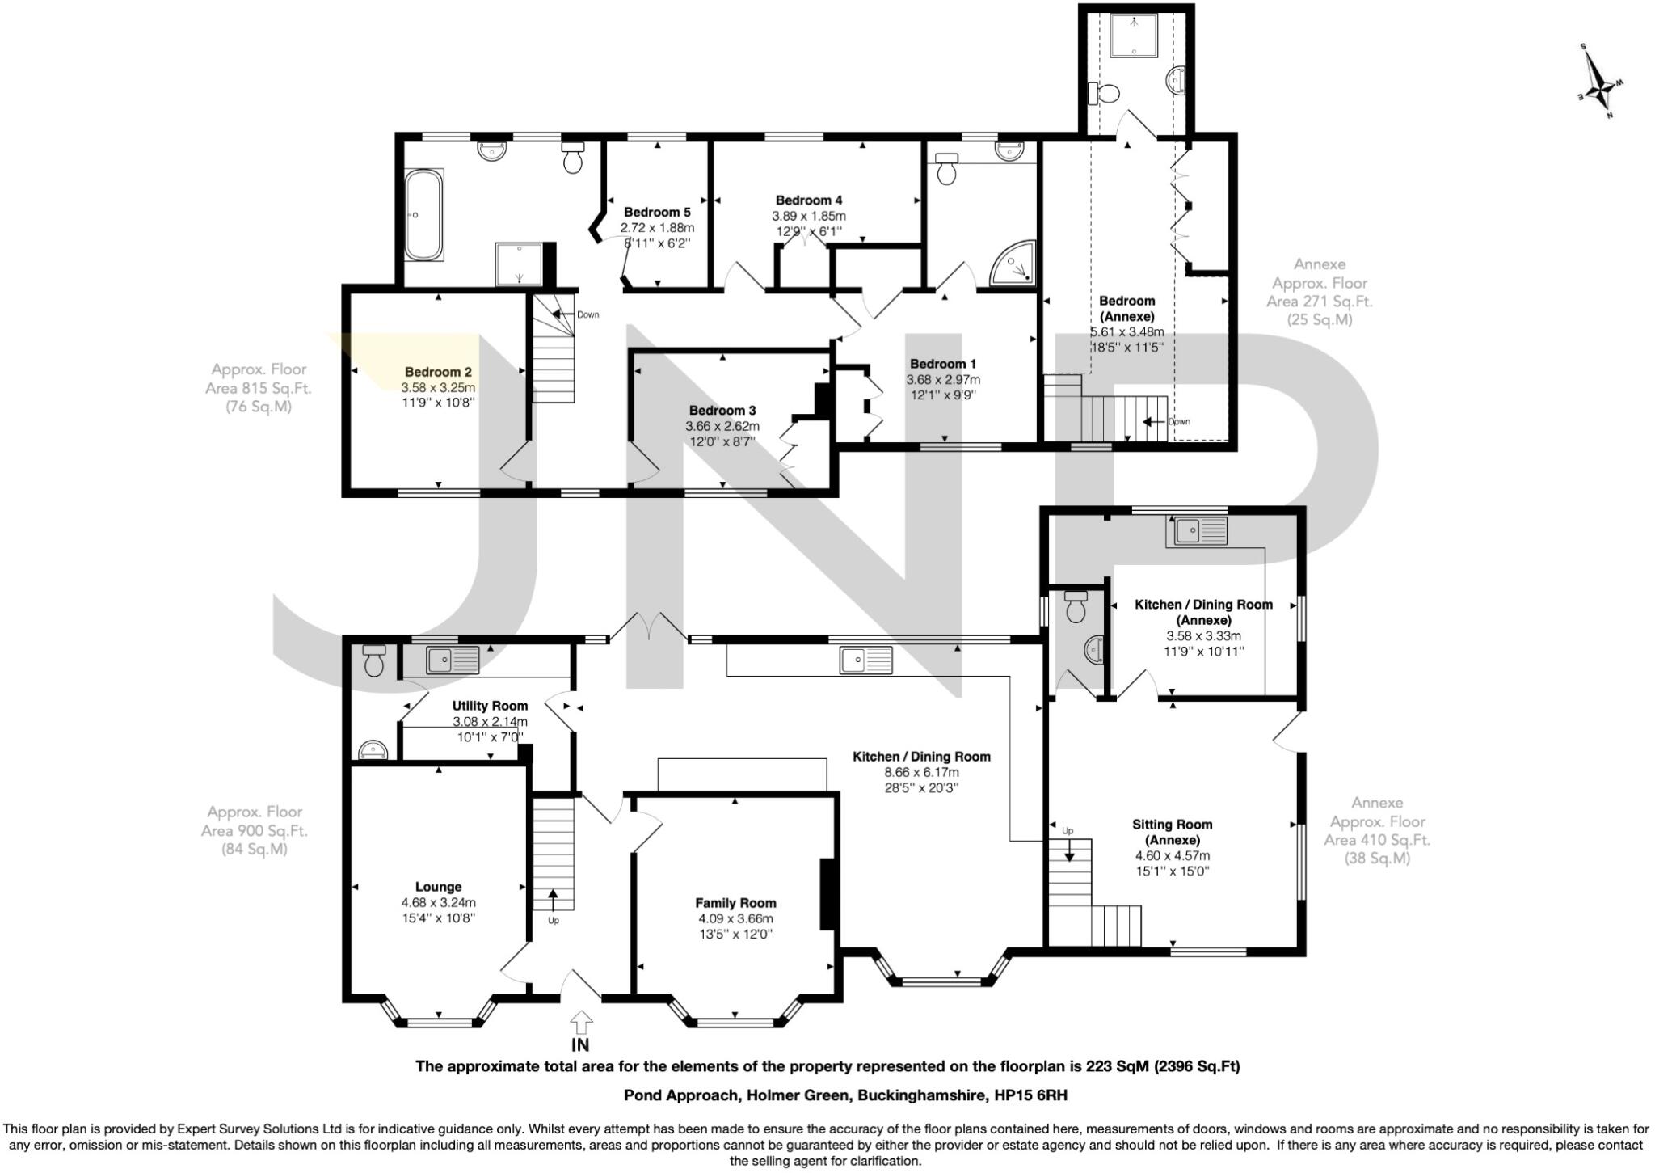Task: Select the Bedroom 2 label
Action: point(438,372)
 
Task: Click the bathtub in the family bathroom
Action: point(423,214)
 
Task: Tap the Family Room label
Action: point(735,903)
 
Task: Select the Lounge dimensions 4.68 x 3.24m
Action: point(438,902)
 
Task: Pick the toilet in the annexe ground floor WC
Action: point(1076,608)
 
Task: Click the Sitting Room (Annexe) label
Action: point(1172,832)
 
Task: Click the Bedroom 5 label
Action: point(657,213)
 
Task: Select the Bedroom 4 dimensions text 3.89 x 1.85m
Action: point(808,216)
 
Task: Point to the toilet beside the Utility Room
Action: point(373,660)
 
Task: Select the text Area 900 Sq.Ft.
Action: point(255,830)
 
